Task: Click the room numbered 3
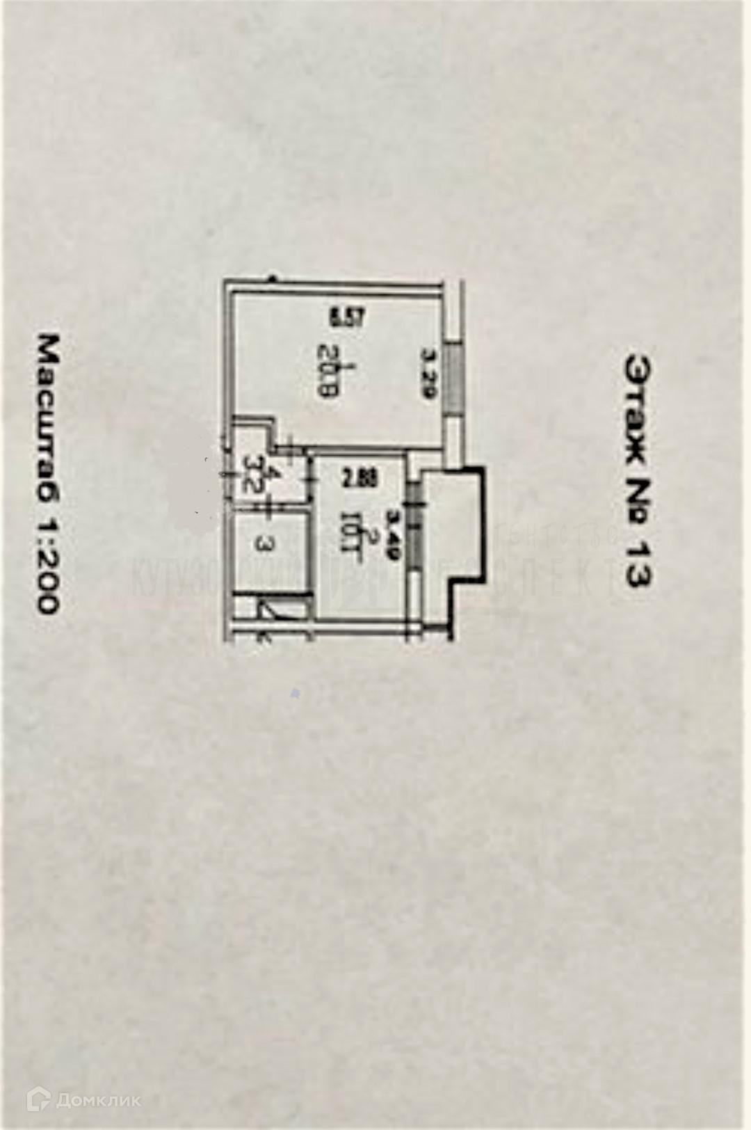pyautogui.click(x=263, y=544)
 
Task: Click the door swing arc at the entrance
pyautogui.click(x=273, y=612)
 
